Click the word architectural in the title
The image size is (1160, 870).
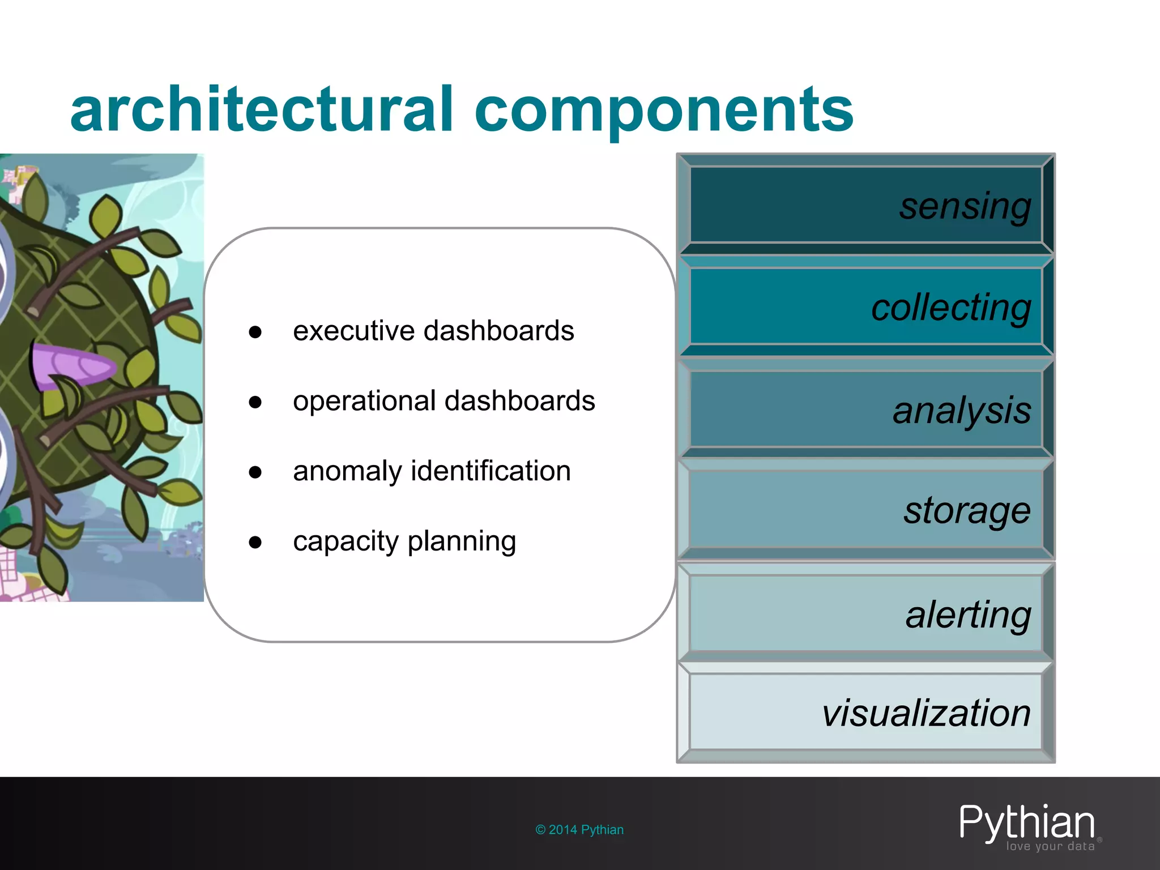[x=261, y=109]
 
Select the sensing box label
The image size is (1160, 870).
[x=965, y=206]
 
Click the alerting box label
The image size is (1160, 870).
[x=968, y=615]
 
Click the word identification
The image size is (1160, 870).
[x=491, y=471]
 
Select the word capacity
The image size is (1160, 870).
[x=346, y=541]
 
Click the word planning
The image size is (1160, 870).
[x=462, y=541]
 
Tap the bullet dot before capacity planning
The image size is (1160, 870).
[x=255, y=543]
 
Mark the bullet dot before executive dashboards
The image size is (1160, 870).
[x=255, y=332]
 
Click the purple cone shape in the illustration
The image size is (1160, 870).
[x=71, y=365]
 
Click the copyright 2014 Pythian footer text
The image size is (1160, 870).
[x=579, y=830]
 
